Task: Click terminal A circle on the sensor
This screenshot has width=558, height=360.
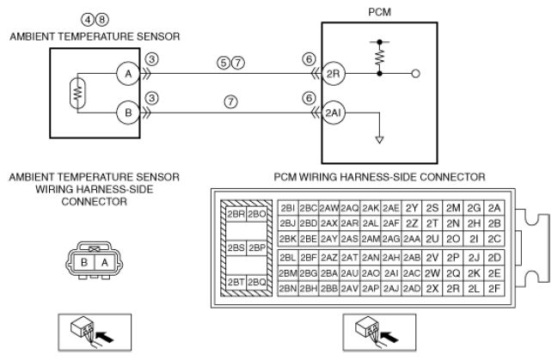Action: coord(128,74)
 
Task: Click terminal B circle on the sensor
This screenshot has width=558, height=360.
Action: coord(128,113)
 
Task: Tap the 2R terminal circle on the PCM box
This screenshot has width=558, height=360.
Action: coord(333,74)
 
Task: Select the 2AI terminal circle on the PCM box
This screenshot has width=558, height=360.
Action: coord(333,113)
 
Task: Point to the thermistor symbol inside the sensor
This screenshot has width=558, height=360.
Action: coord(77,93)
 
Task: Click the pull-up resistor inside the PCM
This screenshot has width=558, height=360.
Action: coord(380,58)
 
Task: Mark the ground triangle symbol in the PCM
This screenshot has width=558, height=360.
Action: coord(380,140)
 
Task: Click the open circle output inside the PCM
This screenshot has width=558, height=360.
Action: coord(415,74)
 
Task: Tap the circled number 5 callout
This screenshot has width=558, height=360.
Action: coord(224,63)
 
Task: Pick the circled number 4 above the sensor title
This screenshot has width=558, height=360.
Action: coord(88,20)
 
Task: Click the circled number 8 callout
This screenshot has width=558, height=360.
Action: coord(102,20)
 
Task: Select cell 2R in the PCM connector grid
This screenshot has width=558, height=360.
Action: coord(453,289)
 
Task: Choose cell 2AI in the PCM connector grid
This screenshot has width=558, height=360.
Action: coord(391,273)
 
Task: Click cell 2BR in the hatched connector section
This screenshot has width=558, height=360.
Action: coord(236,214)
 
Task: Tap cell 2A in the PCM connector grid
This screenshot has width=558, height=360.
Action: coord(494,208)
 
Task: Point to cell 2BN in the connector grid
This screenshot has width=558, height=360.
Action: coord(288,289)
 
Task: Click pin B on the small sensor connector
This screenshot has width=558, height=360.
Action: coord(84,263)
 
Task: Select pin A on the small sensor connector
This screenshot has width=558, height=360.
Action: coord(105,263)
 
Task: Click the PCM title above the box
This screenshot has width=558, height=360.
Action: coord(379,12)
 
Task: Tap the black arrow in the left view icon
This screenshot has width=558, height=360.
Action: coord(106,336)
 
